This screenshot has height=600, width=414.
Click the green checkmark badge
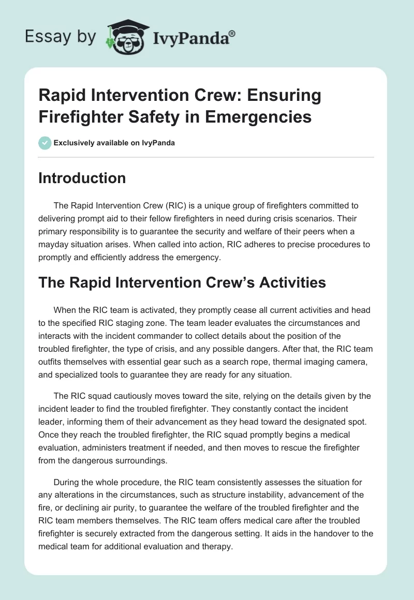tap(45, 143)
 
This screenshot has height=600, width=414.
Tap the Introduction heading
tap(82, 178)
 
